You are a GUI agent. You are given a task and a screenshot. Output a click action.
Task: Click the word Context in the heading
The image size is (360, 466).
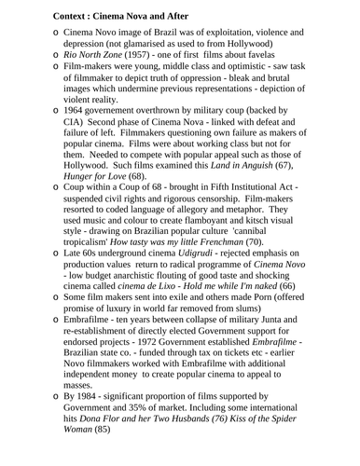coord(50,12)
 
